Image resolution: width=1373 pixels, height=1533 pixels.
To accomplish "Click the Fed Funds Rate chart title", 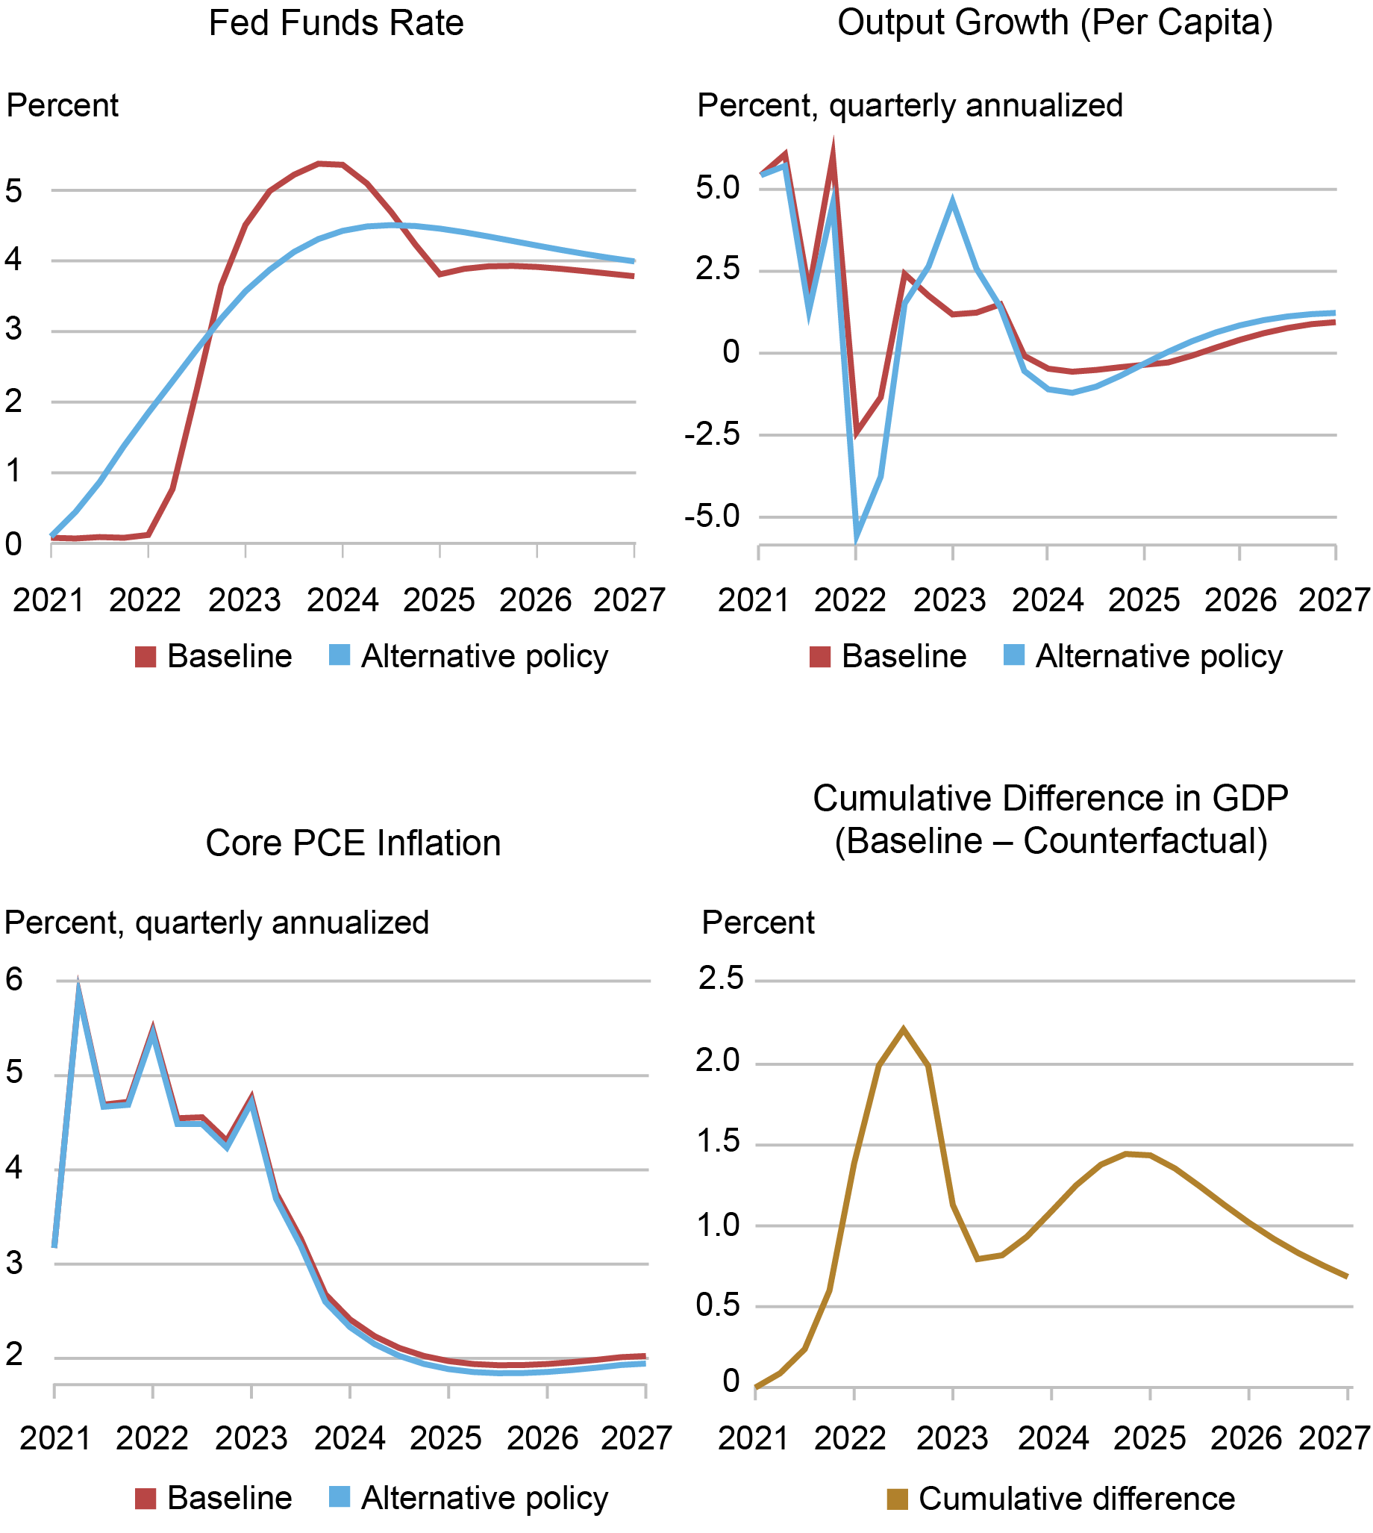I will click(x=336, y=23).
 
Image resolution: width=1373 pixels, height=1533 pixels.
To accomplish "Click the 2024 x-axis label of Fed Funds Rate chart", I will click(x=342, y=601).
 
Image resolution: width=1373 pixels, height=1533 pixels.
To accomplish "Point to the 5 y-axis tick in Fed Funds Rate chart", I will click(x=13, y=191).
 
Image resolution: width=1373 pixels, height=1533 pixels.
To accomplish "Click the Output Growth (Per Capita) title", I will click(x=1054, y=23).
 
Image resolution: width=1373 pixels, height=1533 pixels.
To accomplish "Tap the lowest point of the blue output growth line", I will click(x=856, y=537).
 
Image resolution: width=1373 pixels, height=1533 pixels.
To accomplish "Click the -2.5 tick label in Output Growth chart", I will click(x=711, y=436).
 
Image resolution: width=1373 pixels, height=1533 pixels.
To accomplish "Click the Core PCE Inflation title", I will click(x=353, y=843).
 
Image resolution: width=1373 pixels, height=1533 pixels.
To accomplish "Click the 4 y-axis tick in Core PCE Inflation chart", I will click(x=13, y=1170).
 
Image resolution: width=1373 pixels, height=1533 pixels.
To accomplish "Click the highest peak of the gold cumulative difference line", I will click(x=903, y=1029).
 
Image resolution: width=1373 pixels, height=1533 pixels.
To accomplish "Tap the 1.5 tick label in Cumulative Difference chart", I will click(x=719, y=1141).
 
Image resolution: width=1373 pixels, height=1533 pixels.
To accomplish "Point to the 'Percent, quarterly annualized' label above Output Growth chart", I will click(x=909, y=106).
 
